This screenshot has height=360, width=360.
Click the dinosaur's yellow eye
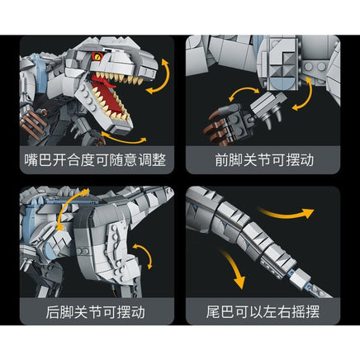coord(97,57)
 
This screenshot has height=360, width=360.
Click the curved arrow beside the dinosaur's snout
coord(158,76)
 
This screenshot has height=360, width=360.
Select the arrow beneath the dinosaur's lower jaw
coord(124,139)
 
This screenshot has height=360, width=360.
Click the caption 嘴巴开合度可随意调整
coord(95,160)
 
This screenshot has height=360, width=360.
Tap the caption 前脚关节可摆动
coord(264,160)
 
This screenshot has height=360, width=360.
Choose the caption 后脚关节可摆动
coord(95,312)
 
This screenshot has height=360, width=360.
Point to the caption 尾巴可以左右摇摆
coord(263,312)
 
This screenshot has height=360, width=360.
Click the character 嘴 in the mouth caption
coord(31,160)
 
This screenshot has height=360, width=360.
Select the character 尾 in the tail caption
coord(213,312)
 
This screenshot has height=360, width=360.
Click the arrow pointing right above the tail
coord(287,213)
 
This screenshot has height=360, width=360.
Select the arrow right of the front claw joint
coord(306,93)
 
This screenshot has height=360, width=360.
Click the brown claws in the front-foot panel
coord(218,130)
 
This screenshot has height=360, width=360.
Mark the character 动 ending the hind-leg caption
coord(138,312)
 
